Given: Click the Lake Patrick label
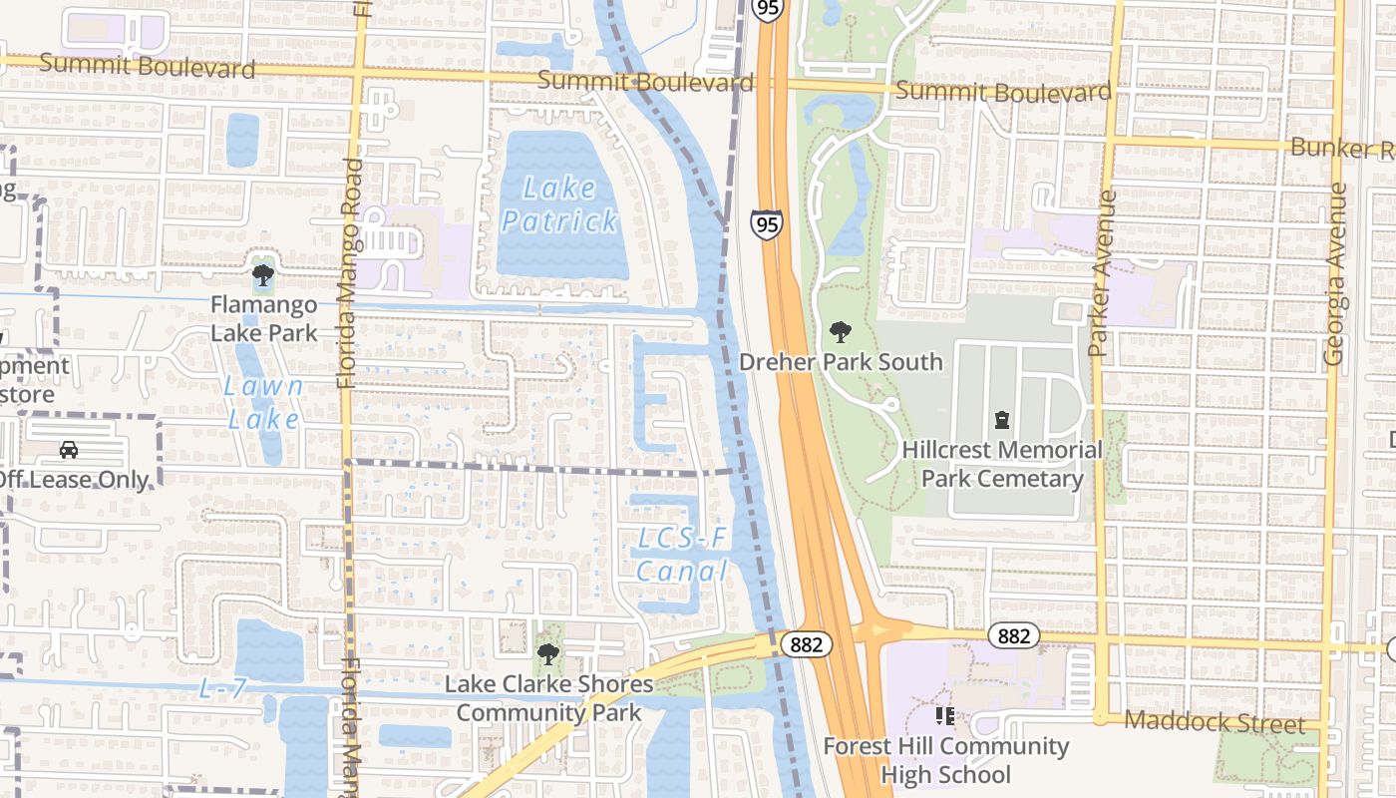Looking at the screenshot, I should (559, 203).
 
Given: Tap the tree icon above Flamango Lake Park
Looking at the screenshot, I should (263, 274).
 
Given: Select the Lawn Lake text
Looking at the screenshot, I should (264, 402).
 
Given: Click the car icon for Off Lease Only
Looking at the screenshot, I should (69, 450).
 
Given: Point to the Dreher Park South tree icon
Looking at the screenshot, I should (841, 331).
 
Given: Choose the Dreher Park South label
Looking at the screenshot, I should (841, 361).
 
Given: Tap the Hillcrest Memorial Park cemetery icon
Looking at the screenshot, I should (1002, 420).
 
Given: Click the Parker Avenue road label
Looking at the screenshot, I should (1100, 272).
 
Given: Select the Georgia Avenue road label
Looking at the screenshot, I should (1334, 272).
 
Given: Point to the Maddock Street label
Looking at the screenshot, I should (1214, 722).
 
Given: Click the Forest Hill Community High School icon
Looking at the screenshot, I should (944, 716).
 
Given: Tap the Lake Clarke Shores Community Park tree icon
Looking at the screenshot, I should (547, 654).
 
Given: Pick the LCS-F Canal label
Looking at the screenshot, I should (683, 555).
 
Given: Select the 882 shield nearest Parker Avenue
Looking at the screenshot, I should (1013, 635).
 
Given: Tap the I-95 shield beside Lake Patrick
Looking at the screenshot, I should (767, 224).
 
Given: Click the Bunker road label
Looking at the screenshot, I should (1342, 149).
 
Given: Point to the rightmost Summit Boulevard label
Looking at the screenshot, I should (1003, 92).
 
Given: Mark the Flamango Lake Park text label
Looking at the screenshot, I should (263, 318).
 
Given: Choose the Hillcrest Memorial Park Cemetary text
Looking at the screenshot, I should (1002, 464).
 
